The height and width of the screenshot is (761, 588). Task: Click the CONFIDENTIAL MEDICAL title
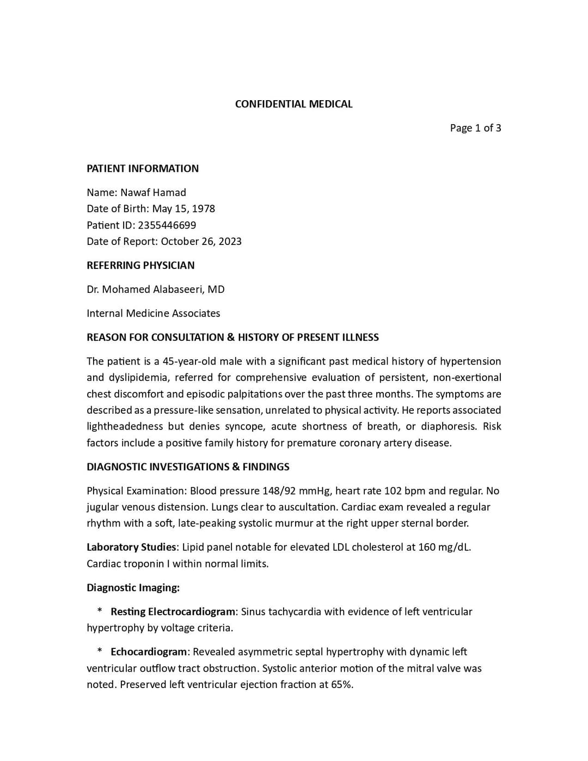click(x=293, y=104)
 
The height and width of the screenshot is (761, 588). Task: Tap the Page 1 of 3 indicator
click(x=475, y=128)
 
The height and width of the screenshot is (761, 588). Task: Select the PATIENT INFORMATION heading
click(x=143, y=168)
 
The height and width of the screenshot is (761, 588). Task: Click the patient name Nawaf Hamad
click(x=153, y=192)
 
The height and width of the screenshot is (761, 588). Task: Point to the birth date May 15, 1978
click(x=183, y=208)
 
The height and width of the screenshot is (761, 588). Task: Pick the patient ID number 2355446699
click(x=167, y=225)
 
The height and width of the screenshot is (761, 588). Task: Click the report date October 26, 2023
click(x=201, y=241)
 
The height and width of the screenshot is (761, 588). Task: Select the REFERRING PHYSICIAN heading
click(x=140, y=265)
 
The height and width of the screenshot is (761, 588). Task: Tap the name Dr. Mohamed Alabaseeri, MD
click(x=155, y=289)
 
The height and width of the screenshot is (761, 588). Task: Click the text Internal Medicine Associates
click(x=153, y=313)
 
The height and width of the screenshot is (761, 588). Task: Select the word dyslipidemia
click(x=138, y=377)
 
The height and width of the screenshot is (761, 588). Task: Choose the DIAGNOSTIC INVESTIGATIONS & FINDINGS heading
click(x=188, y=467)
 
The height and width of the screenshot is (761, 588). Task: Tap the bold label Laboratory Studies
click(x=131, y=547)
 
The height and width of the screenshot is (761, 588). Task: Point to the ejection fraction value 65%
click(x=341, y=684)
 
